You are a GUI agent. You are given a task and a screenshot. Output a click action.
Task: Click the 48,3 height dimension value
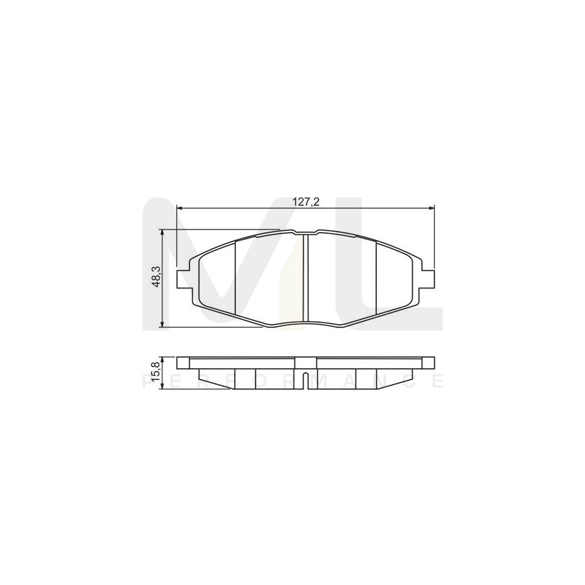click(x=155, y=278)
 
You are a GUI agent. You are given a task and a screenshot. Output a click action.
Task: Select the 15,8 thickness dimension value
click(x=155, y=374)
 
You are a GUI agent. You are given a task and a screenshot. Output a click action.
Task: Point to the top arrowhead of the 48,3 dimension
click(x=162, y=232)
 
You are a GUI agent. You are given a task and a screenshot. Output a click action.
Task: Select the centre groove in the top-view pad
click(x=305, y=278)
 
